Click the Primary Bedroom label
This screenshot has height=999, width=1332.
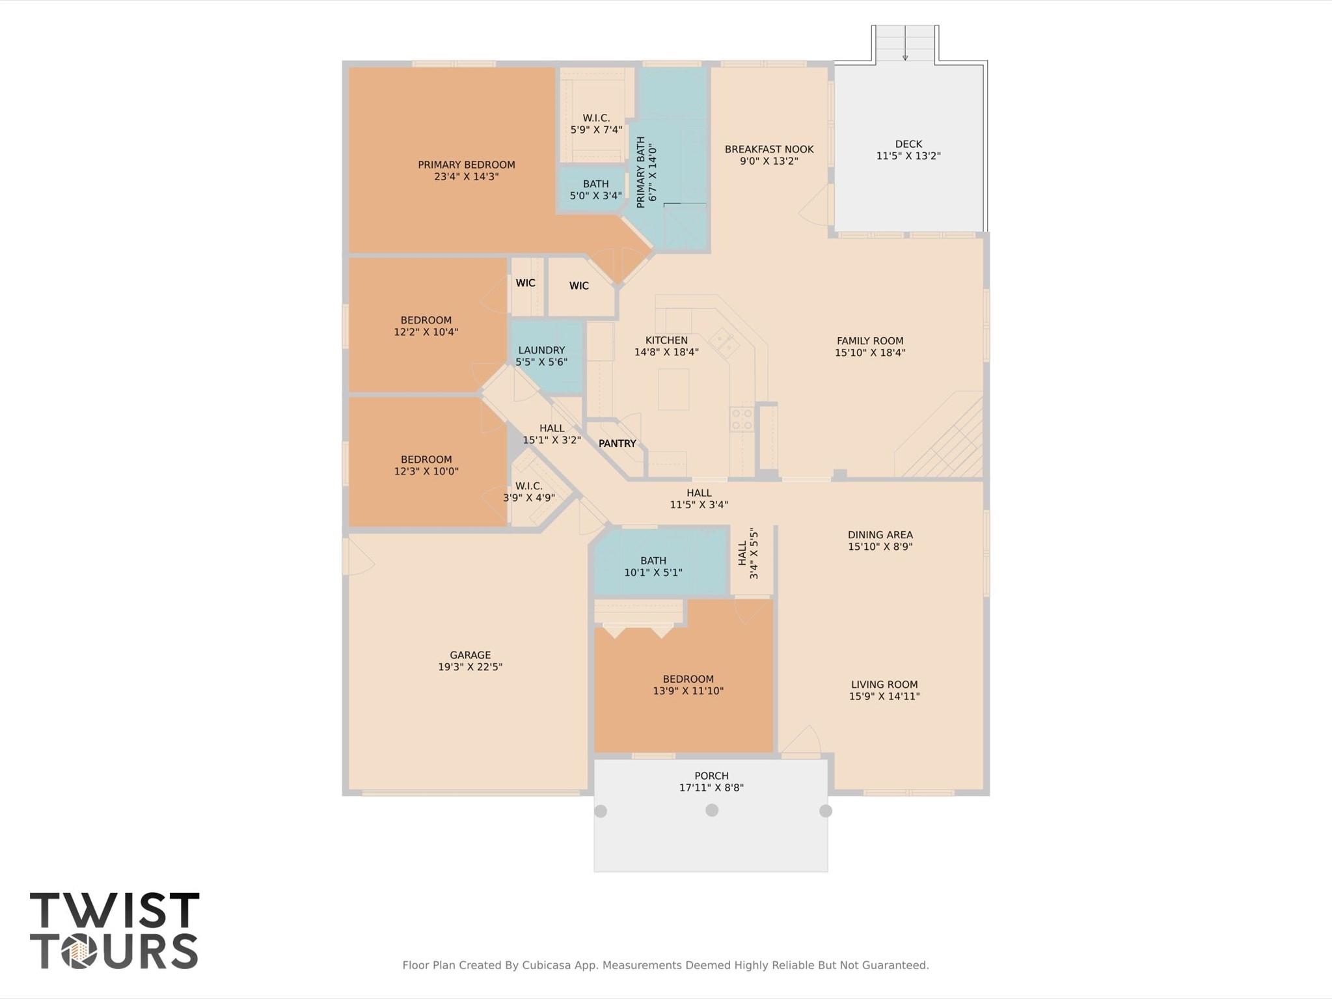[466, 165]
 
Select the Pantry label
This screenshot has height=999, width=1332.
[617, 444]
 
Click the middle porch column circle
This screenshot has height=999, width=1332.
[712, 810]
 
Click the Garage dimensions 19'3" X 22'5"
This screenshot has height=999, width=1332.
[470, 667]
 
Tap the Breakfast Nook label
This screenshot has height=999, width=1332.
[768, 150]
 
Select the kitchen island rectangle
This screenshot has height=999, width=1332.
[673, 389]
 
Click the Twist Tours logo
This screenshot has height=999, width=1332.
[114, 931]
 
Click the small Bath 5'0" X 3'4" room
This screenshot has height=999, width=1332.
[595, 190]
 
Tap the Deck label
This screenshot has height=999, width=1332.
[908, 144]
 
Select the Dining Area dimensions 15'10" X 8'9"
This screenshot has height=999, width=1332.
[880, 547]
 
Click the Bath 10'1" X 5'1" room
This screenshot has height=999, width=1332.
[653, 566]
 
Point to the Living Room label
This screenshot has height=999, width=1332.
[884, 685]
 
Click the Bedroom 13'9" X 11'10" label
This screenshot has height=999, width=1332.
[688, 679]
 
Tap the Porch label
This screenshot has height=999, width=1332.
[711, 776]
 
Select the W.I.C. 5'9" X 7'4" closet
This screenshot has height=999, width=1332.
[596, 124]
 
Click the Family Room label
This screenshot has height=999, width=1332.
[870, 341]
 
